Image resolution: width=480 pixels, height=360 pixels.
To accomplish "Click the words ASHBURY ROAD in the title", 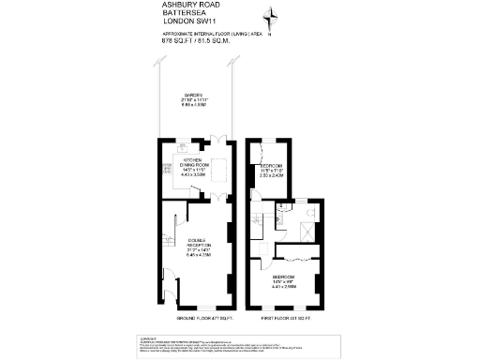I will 192,6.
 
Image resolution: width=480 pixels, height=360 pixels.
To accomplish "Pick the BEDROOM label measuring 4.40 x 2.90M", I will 286,282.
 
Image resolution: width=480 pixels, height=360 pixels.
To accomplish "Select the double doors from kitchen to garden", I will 217,141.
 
